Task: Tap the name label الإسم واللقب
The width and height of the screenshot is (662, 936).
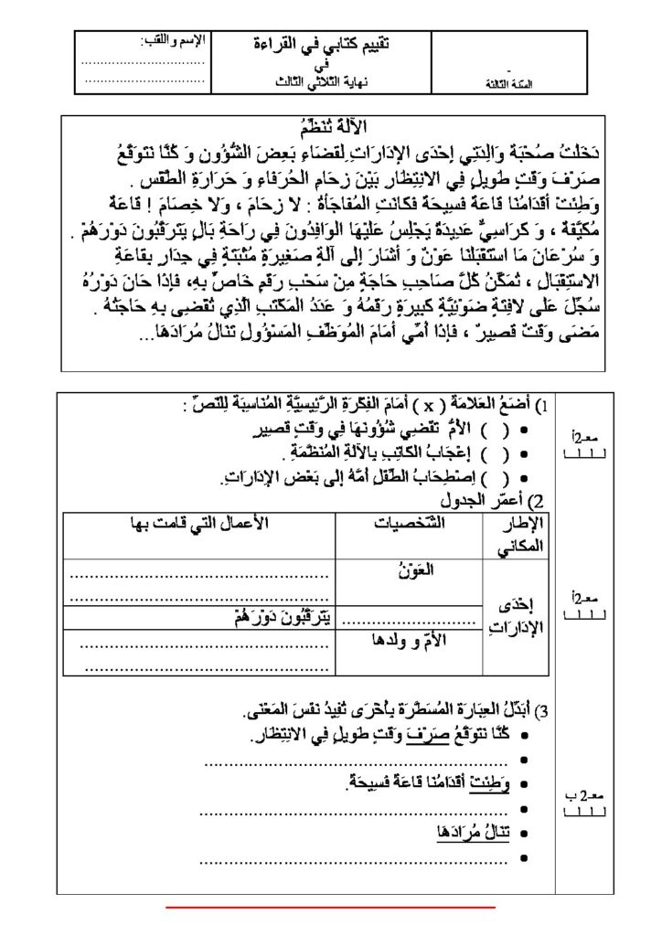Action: point(174,40)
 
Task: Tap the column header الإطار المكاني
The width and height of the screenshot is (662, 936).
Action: point(524,532)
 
